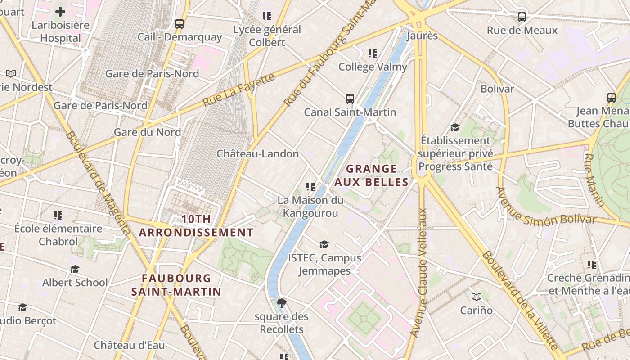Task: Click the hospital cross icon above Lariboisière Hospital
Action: point(60,12)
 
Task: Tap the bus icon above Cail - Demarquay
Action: point(180,24)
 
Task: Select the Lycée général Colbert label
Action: point(267,36)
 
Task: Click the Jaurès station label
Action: point(422,36)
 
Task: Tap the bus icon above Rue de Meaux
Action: point(522,18)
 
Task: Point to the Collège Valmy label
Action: point(372,67)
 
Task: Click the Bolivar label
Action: point(497,89)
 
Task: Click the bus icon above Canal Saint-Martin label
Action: point(350,99)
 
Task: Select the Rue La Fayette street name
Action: point(238,90)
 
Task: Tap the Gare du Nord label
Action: point(147,132)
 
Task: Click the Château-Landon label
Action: point(257,154)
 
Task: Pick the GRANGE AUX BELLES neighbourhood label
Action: point(371,175)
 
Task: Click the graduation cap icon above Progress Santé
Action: point(455,127)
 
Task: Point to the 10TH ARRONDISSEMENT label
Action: point(196,226)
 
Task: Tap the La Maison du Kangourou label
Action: point(310,207)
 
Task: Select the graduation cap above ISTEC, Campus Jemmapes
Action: point(324,245)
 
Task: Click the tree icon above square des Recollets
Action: point(282,303)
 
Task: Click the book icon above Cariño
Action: point(477,297)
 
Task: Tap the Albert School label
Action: point(75,283)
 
